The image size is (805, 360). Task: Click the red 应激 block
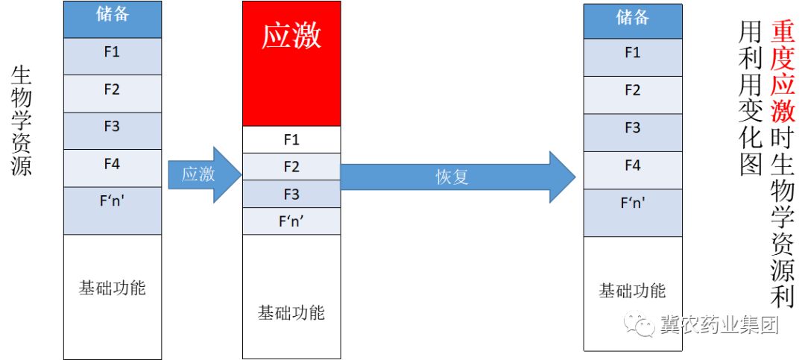coord(291,63)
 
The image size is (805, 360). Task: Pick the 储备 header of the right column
coord(632,19)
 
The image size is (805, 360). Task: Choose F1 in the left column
coord(112,54)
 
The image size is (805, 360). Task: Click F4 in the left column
coord(112,165)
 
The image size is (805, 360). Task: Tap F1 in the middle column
coord(291,139)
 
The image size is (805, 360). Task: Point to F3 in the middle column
coord(291,194)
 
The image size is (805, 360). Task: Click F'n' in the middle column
coord(291,221)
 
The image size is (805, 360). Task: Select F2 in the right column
coord(632,91)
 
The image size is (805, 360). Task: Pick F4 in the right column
coord(632,165)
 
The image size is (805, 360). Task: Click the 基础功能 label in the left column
coord(112,288)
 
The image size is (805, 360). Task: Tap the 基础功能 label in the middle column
coord(291,312)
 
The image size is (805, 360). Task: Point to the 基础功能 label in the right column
coord(632,291)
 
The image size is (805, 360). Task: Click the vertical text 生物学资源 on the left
coord(22,121)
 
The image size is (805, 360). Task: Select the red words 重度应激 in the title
coord(783,71)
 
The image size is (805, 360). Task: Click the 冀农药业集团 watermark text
coord(719,326)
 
